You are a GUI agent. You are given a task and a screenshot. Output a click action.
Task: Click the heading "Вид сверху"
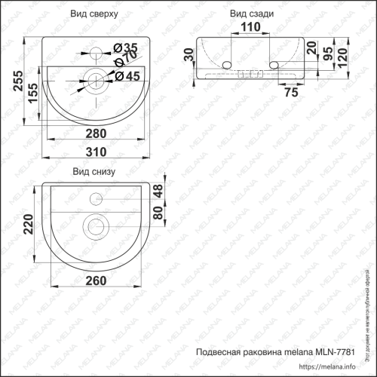pyautogui.click(x=94, y=14)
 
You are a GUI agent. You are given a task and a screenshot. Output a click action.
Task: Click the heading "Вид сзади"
pyautogui.click(x=253, y=14)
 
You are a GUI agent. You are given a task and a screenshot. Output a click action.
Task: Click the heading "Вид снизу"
pyautogui.click(x=93, y=172)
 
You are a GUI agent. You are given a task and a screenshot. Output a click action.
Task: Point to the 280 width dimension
pyautogui.click(x=94, y=133)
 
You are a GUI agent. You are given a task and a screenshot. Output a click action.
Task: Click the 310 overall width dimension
pyautogui.click(x=94, y=152)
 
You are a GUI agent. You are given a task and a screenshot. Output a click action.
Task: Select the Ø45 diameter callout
pyautogui.click(x=127, y=75)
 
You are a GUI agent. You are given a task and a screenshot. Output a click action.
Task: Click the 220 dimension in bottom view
pyautogui.click(x=29, y=224)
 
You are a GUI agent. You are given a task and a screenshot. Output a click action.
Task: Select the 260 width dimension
pyautogui.click(x=94, y=280)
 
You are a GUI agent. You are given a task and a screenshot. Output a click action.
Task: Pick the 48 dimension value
pyautogui.click(x=158, y=192)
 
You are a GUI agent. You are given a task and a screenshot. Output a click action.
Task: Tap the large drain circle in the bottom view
pyautogui.click(x=95, y=225)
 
